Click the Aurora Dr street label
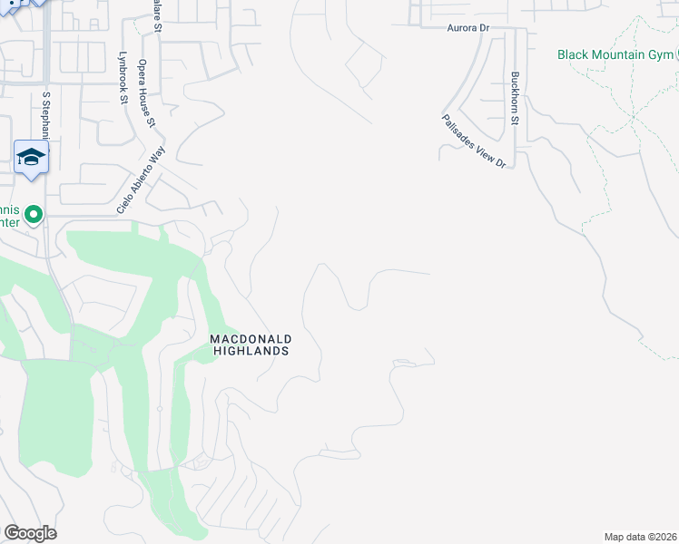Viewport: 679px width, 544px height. (467, 29)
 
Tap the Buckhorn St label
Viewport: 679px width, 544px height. (515, 100)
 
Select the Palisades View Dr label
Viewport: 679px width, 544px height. (473, 141)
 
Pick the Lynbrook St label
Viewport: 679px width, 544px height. (122, 78)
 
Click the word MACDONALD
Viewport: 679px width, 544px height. (250, 338)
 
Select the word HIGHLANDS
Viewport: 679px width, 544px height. (250, 350)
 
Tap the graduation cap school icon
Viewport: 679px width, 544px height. (32, 157)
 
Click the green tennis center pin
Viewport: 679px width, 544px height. (34, 215)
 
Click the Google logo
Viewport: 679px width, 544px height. (30, 533)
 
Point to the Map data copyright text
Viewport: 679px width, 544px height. (641, 537)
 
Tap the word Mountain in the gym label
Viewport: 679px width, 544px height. (627, 54)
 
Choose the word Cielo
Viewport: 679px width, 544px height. (123, 202)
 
